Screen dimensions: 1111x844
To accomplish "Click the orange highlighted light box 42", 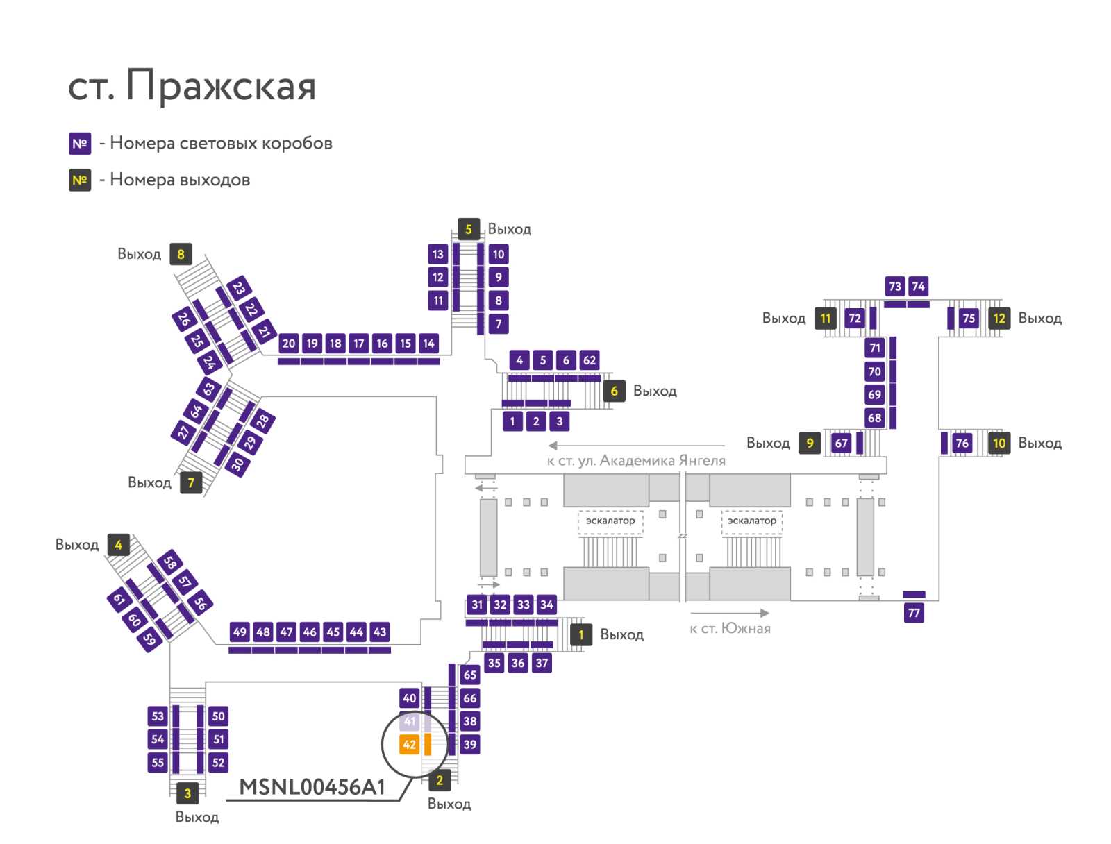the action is [409, 744].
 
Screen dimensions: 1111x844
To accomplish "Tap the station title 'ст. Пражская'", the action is [192, 85].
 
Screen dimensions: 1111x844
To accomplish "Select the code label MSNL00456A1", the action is [312, 787].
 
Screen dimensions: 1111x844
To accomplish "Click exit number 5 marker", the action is [468, 229].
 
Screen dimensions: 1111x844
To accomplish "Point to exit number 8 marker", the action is [181, 254].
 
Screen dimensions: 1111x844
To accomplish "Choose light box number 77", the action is [914, 613].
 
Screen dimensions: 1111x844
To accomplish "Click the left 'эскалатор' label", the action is [610, 521].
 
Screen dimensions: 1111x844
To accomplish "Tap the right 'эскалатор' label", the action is [751, 521].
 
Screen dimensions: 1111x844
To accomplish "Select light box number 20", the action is [288, 344].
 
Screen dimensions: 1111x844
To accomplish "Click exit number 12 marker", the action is [999, 318].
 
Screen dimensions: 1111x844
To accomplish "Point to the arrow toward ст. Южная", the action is [730, 613].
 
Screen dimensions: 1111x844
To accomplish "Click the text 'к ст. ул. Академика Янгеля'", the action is [636, 461].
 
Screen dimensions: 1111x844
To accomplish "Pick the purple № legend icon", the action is [80, 144].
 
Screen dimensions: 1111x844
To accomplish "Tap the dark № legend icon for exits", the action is [80, 180].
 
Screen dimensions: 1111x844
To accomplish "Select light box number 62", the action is [589, 360].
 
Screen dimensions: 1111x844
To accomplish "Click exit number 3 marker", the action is [187, 793].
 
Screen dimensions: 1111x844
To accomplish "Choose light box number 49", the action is [240, 632].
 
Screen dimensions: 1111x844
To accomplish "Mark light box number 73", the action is [895, 286].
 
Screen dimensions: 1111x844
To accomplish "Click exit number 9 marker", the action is [810, 443].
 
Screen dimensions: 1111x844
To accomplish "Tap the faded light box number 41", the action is [409, 721].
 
